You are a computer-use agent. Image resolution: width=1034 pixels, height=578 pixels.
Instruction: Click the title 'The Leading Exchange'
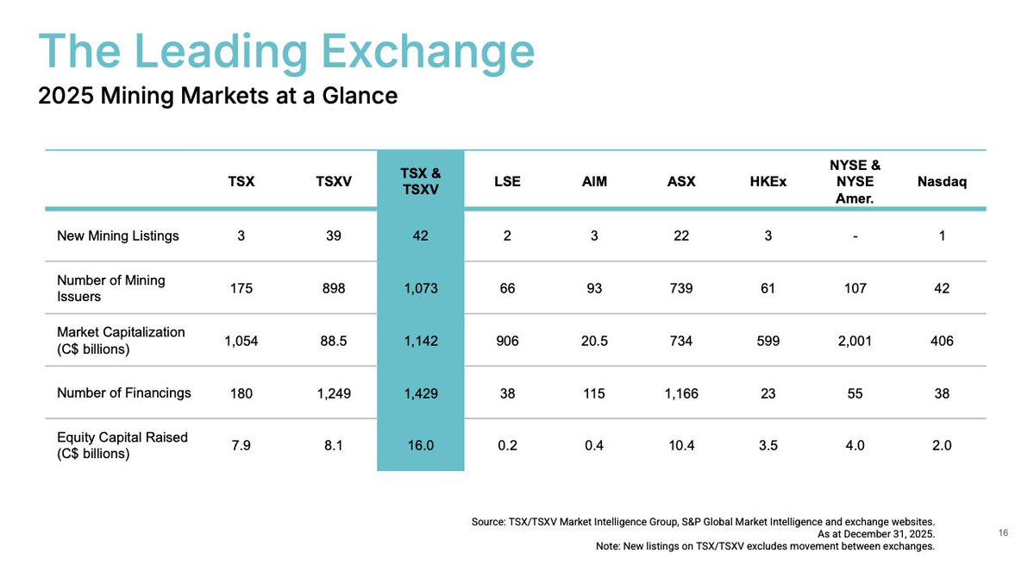tap(286, 51)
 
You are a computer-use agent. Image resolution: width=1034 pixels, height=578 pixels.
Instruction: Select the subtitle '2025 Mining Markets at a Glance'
tap(218, 96)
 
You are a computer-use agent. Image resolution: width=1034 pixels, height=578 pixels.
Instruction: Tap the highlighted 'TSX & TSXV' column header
tap(420, 181)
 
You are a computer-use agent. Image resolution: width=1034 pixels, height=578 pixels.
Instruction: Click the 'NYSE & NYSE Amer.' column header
tap(854, 181)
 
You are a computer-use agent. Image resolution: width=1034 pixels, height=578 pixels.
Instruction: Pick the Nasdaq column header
tap(941, 182)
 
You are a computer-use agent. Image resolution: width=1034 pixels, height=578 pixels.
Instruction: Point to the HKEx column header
tap(768, 182)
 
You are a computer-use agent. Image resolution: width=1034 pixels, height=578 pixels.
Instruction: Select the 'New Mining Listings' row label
tap(118, 236)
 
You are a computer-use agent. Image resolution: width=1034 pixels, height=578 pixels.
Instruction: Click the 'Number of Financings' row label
tap(124, 393)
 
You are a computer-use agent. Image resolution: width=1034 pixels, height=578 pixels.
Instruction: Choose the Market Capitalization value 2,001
tap(854, 341)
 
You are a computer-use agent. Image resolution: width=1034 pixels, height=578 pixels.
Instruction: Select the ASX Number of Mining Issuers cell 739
tap(680, 288)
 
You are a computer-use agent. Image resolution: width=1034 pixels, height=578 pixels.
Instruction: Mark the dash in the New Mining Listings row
tap(854, 236)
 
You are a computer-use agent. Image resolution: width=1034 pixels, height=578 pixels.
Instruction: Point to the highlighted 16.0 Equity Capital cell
tap(420, 445)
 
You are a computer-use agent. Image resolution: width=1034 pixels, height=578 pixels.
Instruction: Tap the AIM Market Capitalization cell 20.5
tap(594, 341)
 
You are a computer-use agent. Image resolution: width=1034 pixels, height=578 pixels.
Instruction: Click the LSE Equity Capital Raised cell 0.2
tap(507, 445)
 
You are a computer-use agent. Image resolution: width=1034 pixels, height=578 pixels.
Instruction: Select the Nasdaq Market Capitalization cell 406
tap(941, 341)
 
